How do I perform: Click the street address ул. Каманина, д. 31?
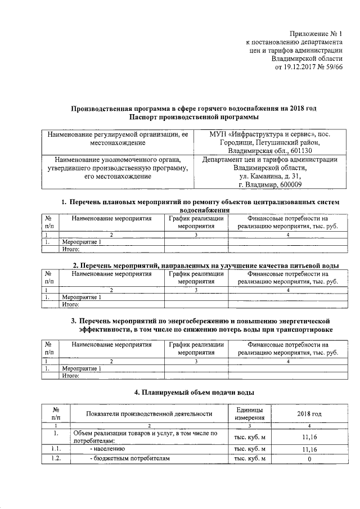click(x=269, y=176)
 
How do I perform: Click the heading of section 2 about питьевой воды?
click(x=206, y=264)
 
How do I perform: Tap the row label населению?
click(x=111, y=449)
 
